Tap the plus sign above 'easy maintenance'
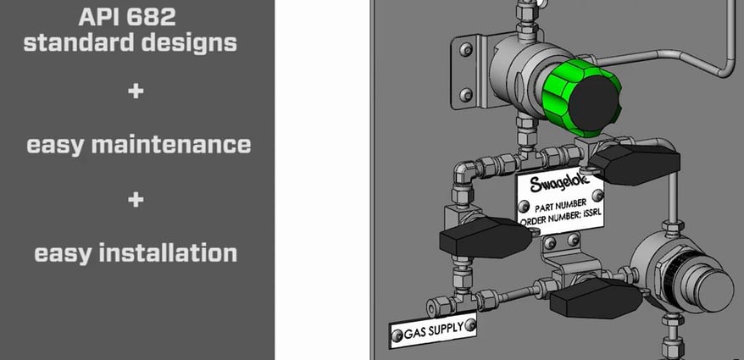[x=136, y=91]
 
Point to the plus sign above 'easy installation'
[x=136, y=200]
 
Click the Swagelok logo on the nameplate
[x=558, y=186]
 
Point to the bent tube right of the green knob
[x=703, y=59]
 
